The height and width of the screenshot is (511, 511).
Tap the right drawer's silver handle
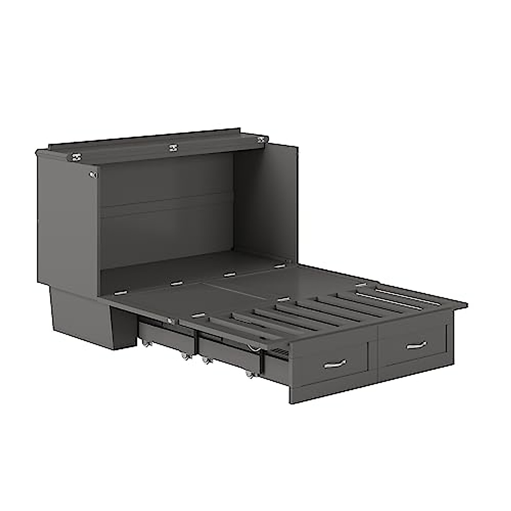(x=416, y=344)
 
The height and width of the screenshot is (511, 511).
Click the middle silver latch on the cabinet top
(x=173, y=147)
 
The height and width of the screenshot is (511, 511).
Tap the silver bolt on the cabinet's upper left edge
(x=93, y=174)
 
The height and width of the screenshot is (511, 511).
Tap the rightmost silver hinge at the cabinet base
(x=279, y=266)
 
